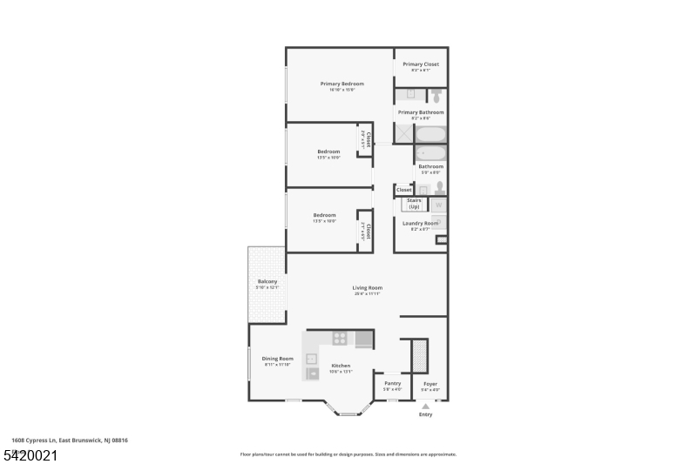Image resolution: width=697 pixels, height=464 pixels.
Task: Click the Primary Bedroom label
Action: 342,84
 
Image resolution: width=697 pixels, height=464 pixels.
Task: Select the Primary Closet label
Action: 420,64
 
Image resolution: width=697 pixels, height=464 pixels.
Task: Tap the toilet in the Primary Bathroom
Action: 436,96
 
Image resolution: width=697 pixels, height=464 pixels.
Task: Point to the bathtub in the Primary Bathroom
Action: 430,134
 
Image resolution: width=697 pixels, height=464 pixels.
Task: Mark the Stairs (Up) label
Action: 414,204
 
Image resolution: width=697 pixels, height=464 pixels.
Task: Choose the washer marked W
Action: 438,205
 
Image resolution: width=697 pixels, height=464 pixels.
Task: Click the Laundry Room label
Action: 420,223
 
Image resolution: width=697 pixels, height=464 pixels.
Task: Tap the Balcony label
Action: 267,281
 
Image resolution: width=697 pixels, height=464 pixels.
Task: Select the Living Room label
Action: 367,288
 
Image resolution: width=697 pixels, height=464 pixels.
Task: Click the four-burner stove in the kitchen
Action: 340,339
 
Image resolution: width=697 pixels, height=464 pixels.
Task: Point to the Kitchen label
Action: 341,366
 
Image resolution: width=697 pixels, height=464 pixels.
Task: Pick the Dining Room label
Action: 278,358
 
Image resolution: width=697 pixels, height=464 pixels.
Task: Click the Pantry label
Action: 392,383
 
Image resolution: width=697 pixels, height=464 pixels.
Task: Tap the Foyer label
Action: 430,383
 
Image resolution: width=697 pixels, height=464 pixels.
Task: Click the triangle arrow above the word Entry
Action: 425,406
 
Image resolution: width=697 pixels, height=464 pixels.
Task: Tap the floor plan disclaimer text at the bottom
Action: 348,454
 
